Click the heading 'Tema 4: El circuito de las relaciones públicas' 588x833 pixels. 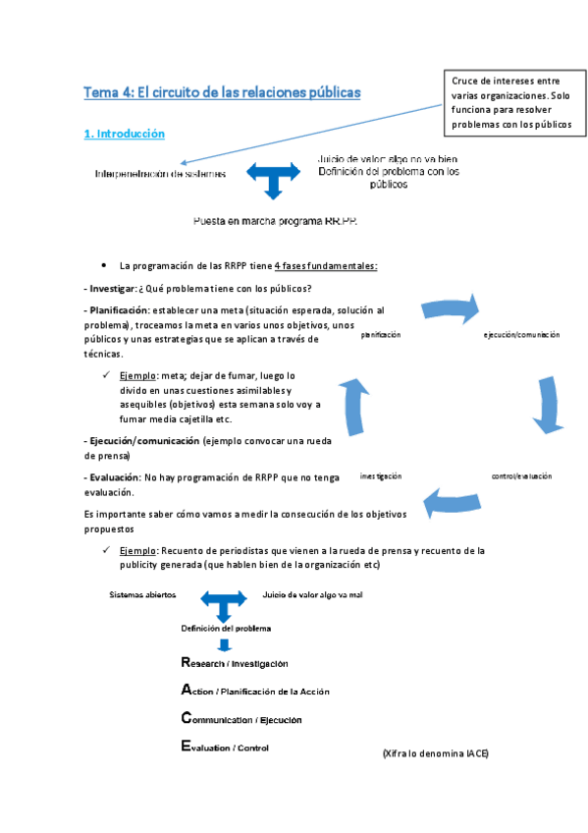(223, 92)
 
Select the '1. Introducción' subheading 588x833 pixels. (125, 134)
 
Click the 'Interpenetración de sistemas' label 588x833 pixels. (160, 174)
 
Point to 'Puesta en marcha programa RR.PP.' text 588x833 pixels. (275, 221)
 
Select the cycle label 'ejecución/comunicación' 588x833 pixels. (521, 335)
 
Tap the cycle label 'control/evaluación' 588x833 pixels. (521, 475)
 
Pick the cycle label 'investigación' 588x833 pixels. (381, 475)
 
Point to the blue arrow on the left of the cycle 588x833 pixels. (361, 402)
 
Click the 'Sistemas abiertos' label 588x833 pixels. (143, 595)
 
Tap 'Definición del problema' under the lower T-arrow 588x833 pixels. (226, 628)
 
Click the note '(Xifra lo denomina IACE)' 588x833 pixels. (435, 753)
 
